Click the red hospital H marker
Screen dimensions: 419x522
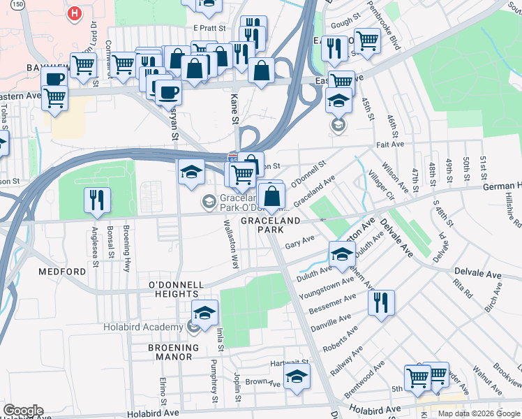[73, 13]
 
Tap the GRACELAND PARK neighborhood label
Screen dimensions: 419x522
[271, 225]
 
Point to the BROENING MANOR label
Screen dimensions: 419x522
[170, 351]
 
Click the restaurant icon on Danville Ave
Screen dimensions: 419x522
[380, 302]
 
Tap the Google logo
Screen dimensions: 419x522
[23, 411]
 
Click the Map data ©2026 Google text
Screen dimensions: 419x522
[479, 413]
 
